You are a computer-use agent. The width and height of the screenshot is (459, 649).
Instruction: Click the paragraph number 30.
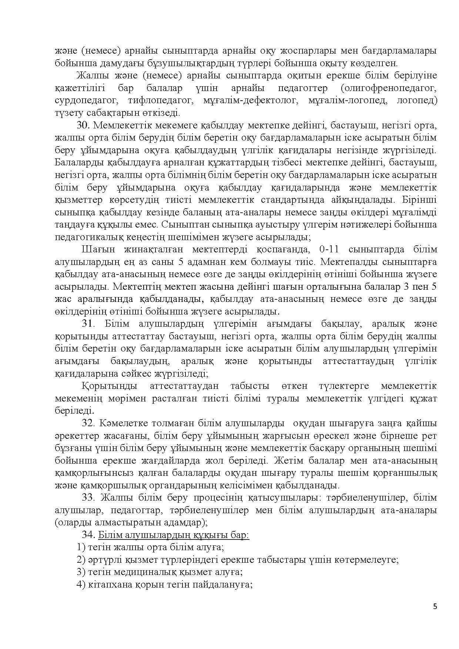click(x=83, y=125)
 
